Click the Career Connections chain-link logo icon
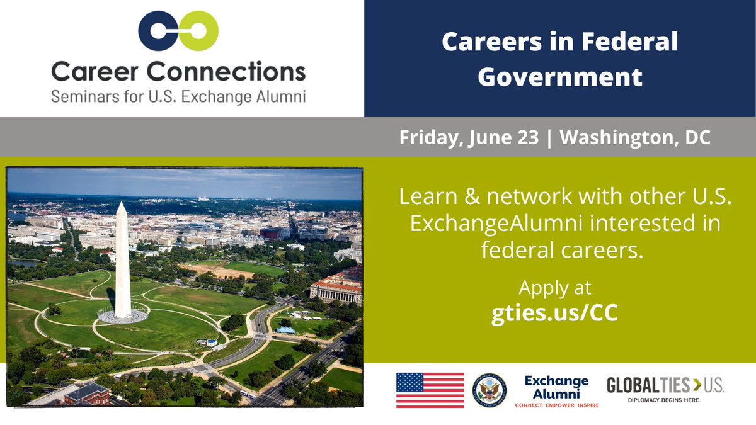point(178,31)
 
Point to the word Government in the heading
point(559,77)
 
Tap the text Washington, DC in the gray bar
point(635,138)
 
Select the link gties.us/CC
point(554,313)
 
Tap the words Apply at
point(554,288)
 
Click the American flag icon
point(430,390)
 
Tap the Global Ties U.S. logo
point(665,385)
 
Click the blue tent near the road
point(285,329)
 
